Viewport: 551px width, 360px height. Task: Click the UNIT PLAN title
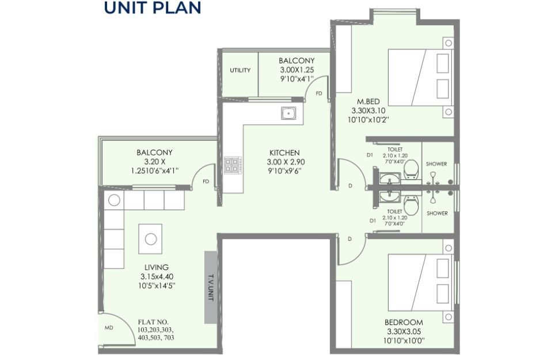[x=152, y=7]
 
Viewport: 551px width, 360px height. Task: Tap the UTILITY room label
[x=240, y=70]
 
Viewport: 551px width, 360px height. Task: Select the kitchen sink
[x=288, y=113]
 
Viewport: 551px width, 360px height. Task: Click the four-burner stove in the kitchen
[x=233, y=165]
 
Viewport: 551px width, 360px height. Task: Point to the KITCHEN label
[x=284, y=153]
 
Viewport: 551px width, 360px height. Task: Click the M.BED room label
[x=368, y=101]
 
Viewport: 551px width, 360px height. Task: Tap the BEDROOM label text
[x=404, y=322]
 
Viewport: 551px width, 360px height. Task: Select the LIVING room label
[x=157, y=267]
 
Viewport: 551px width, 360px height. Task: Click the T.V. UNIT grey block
[x=211, y=287]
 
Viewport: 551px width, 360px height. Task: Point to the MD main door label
[x=109, y=328]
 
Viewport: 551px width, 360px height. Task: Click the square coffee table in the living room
[x=150, y=239]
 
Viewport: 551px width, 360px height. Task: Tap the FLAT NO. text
[x=153, y=322]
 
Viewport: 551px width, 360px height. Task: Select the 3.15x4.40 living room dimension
[x=157, y=276]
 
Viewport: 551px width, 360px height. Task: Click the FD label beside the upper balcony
[x=319, y=93]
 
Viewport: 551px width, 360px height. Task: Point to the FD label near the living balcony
[x=206, y=181]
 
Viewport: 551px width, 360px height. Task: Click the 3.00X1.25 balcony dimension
[x=297, y=70]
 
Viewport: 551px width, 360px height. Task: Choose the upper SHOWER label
[x=436, y=164]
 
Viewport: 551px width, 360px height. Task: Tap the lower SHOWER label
[x=437, y=213]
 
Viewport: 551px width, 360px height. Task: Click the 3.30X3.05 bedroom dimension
[x=404, y=331]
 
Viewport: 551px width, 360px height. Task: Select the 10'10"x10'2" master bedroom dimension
[x=368, y=120]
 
